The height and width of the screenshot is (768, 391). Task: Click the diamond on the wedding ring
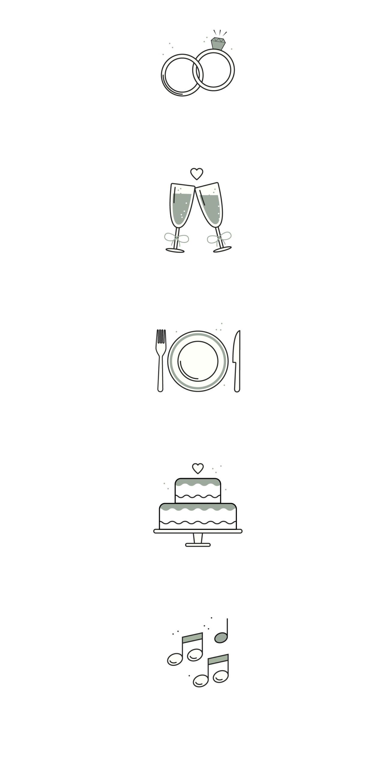pos(218,43)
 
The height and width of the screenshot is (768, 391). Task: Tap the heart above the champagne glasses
pos(197,173)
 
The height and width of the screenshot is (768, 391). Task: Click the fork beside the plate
pos(161,360)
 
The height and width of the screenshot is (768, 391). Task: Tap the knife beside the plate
pos(237,360)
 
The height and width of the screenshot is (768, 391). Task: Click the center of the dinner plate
pos(198,360)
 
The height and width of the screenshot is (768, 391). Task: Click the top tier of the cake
pos(198,491)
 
